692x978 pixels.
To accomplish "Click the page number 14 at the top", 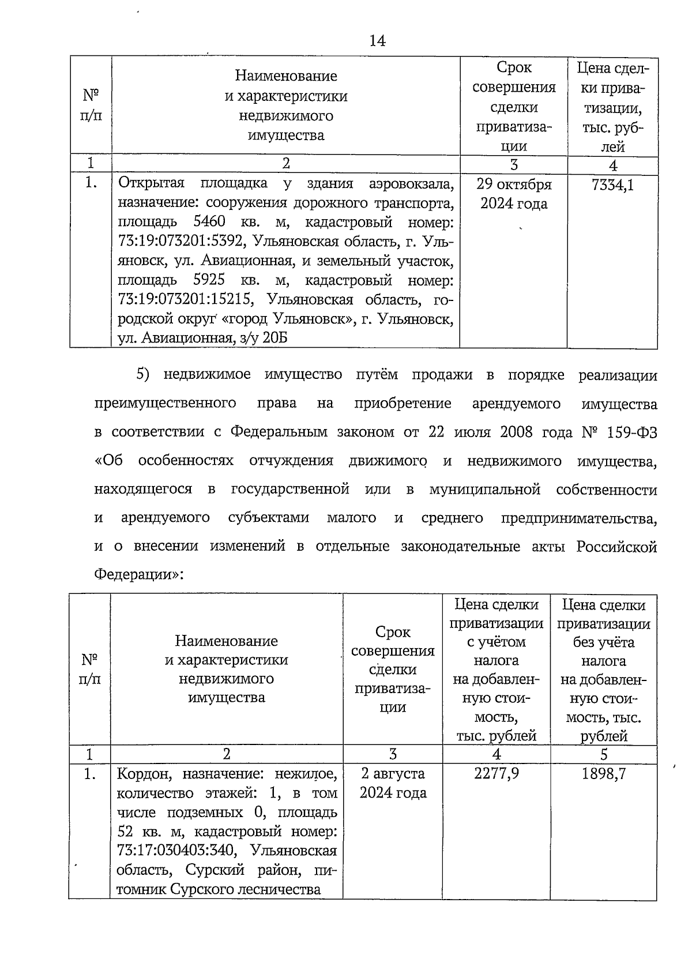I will (377, 40).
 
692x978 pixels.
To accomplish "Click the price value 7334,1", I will (612, 185).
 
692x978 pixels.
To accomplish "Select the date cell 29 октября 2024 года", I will (514, 194).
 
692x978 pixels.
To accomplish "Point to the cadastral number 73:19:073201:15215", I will (179, 300).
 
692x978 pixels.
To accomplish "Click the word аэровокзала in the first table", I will (411, 183).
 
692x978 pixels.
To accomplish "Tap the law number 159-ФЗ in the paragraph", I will (632, 432).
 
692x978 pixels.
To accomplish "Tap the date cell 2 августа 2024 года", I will (393, 783).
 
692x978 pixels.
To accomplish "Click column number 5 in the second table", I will (604, 754).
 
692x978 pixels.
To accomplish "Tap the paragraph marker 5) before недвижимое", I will (143, 375).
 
